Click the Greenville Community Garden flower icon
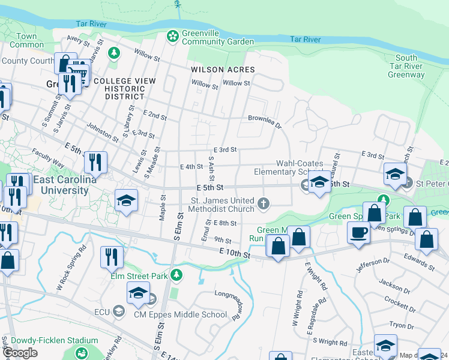[x=173, y=37]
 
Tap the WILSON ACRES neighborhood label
[x=223, y=70]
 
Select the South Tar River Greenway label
[x=406, y=67]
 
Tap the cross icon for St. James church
[x=263, y=205]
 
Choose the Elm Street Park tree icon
[x=176, y=275]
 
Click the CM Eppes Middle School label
[x=180, y=314]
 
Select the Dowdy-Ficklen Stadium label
[x=49, y=340]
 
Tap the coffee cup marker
[x=359, y=233]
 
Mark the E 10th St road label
[x=235, y=254]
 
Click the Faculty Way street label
[x=48, y=158]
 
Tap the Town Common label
[x=27, y=40]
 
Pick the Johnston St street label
[x=103, y=129]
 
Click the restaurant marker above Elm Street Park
[x=112, y=257]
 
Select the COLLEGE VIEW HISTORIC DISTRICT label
[x=124, y=89]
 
